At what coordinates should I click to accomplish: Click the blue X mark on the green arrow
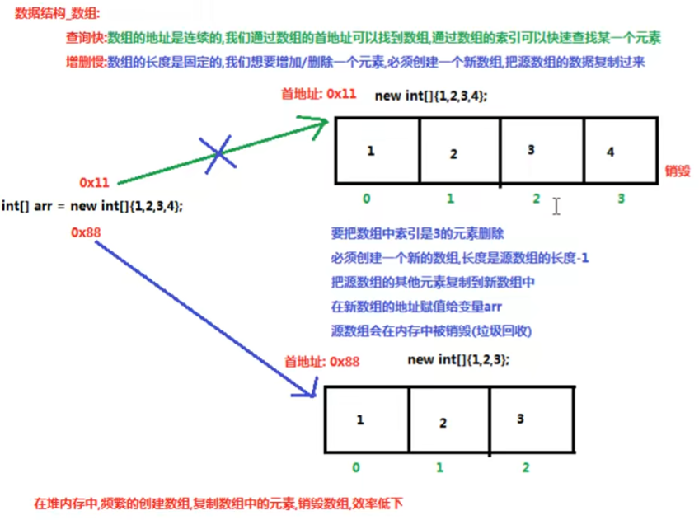[218, 152]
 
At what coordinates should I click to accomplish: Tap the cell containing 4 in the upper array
[620, 152]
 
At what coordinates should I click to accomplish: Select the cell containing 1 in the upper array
[375, 152]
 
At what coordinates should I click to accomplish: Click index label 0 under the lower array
[355, 467]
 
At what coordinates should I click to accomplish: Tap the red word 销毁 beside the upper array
[678, 171]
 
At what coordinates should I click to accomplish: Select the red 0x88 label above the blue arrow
[86, 233]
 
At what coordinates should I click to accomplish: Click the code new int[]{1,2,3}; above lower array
[458, 360]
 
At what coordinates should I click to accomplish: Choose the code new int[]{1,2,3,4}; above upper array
[430, 96]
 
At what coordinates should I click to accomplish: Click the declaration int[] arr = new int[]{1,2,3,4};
[93, 205]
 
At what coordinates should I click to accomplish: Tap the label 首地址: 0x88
[322, 361]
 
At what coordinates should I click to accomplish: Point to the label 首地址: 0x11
[319, 94]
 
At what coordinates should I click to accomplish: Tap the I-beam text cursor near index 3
[556, 206]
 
